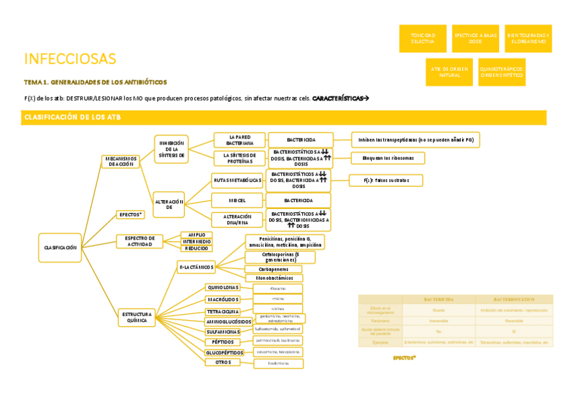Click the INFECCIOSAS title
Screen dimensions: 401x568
pyautogui.click(x=70, y=59)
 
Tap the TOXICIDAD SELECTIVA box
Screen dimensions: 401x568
pyautogui.click(x=423, y=38)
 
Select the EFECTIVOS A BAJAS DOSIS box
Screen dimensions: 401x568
pyautogui.click(x=475, y=38)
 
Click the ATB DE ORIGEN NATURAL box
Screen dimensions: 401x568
pyautogui.click(x=449, y=72)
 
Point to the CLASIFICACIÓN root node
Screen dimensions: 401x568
pyautogui.click(x=60, y=247)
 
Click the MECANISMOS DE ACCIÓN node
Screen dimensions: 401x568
pyautogui.click(x=121, y=161)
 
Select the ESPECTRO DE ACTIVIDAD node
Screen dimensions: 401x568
pyautogui.click(x=140, y=241)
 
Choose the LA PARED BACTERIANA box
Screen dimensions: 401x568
pyautogui.click(x=239, y=140)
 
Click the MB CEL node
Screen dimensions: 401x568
pyautogui.click(x=237, y=200)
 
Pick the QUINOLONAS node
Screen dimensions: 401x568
pyautogui.click(x=223, y=287)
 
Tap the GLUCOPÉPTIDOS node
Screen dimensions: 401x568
pyautogui.click(x=224, y=352)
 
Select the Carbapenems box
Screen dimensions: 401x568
pyautogui.click(x=273, y=269)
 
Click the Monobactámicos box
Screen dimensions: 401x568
pyautogui.click(x=274, y=278)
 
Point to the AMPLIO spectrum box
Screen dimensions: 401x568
pyautogui.click(x=197, y=235)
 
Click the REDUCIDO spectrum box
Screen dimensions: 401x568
pyautogui.click(x=197, y=248)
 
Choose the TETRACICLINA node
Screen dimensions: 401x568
pyautogui.click(x=223, y=311)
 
